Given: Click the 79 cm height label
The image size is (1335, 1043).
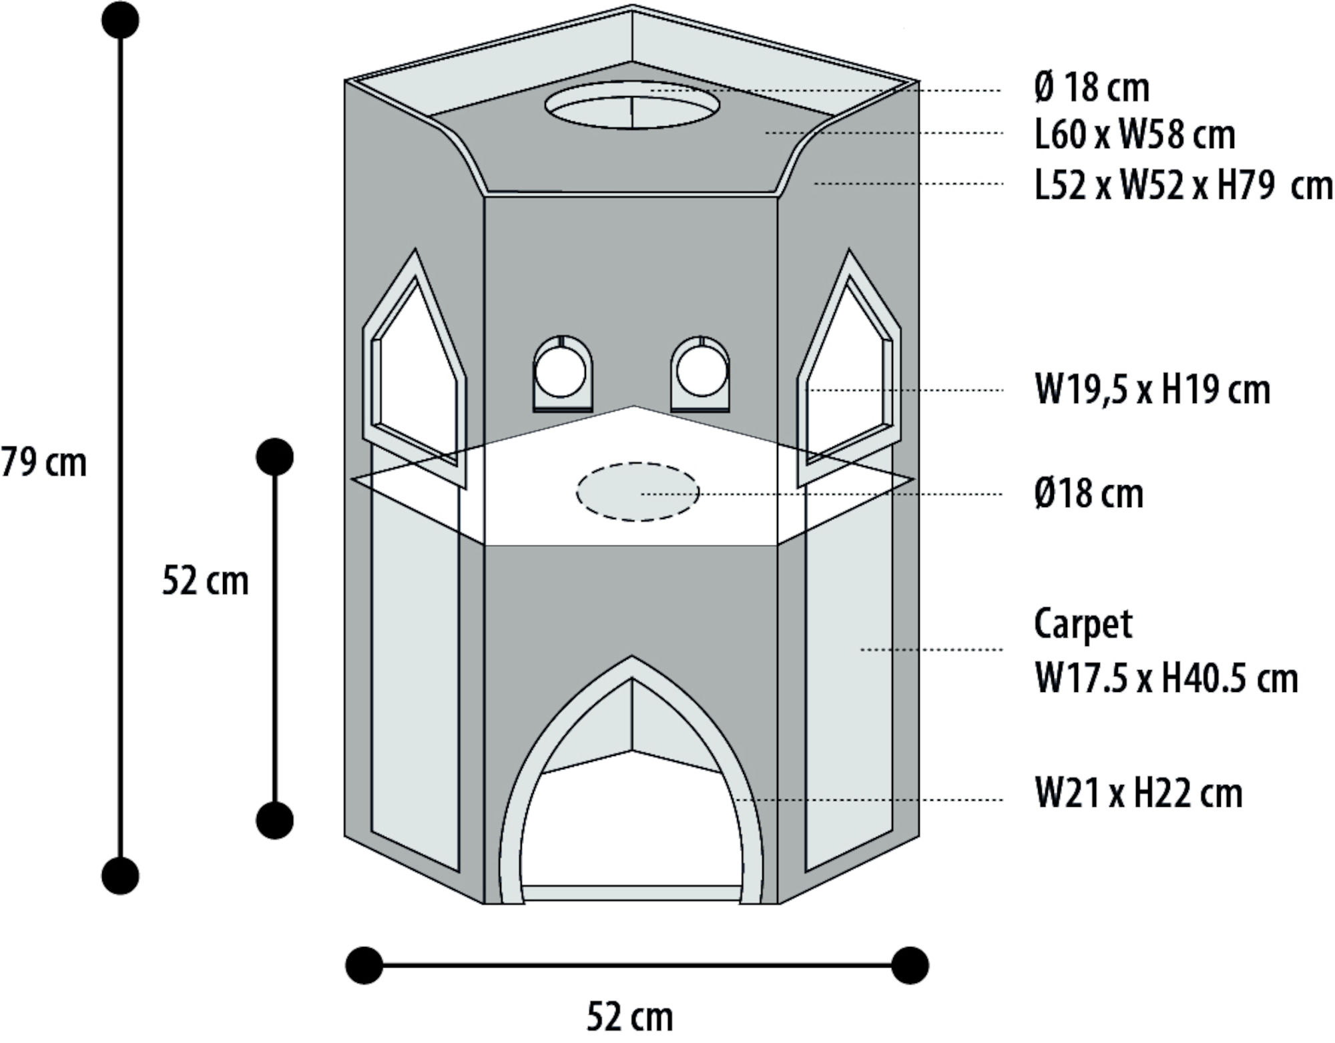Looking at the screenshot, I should pos(44,462).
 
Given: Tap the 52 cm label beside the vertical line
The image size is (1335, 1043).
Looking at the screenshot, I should pos(206,581).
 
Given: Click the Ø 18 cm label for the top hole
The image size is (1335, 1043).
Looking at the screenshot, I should pos(1092,88).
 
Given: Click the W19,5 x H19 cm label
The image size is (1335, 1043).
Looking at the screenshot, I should pos(1152,390).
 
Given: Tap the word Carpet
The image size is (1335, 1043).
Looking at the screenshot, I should pos(1083,625).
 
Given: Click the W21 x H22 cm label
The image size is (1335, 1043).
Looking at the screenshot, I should pos(1139,794).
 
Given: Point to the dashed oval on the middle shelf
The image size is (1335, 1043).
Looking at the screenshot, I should pos(637,492).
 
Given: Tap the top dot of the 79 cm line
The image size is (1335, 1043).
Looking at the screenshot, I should pos(121,20).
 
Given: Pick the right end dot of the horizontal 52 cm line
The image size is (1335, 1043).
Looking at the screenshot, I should pos(910,965).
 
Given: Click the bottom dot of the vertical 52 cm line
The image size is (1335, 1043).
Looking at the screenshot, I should pos(274,820).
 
